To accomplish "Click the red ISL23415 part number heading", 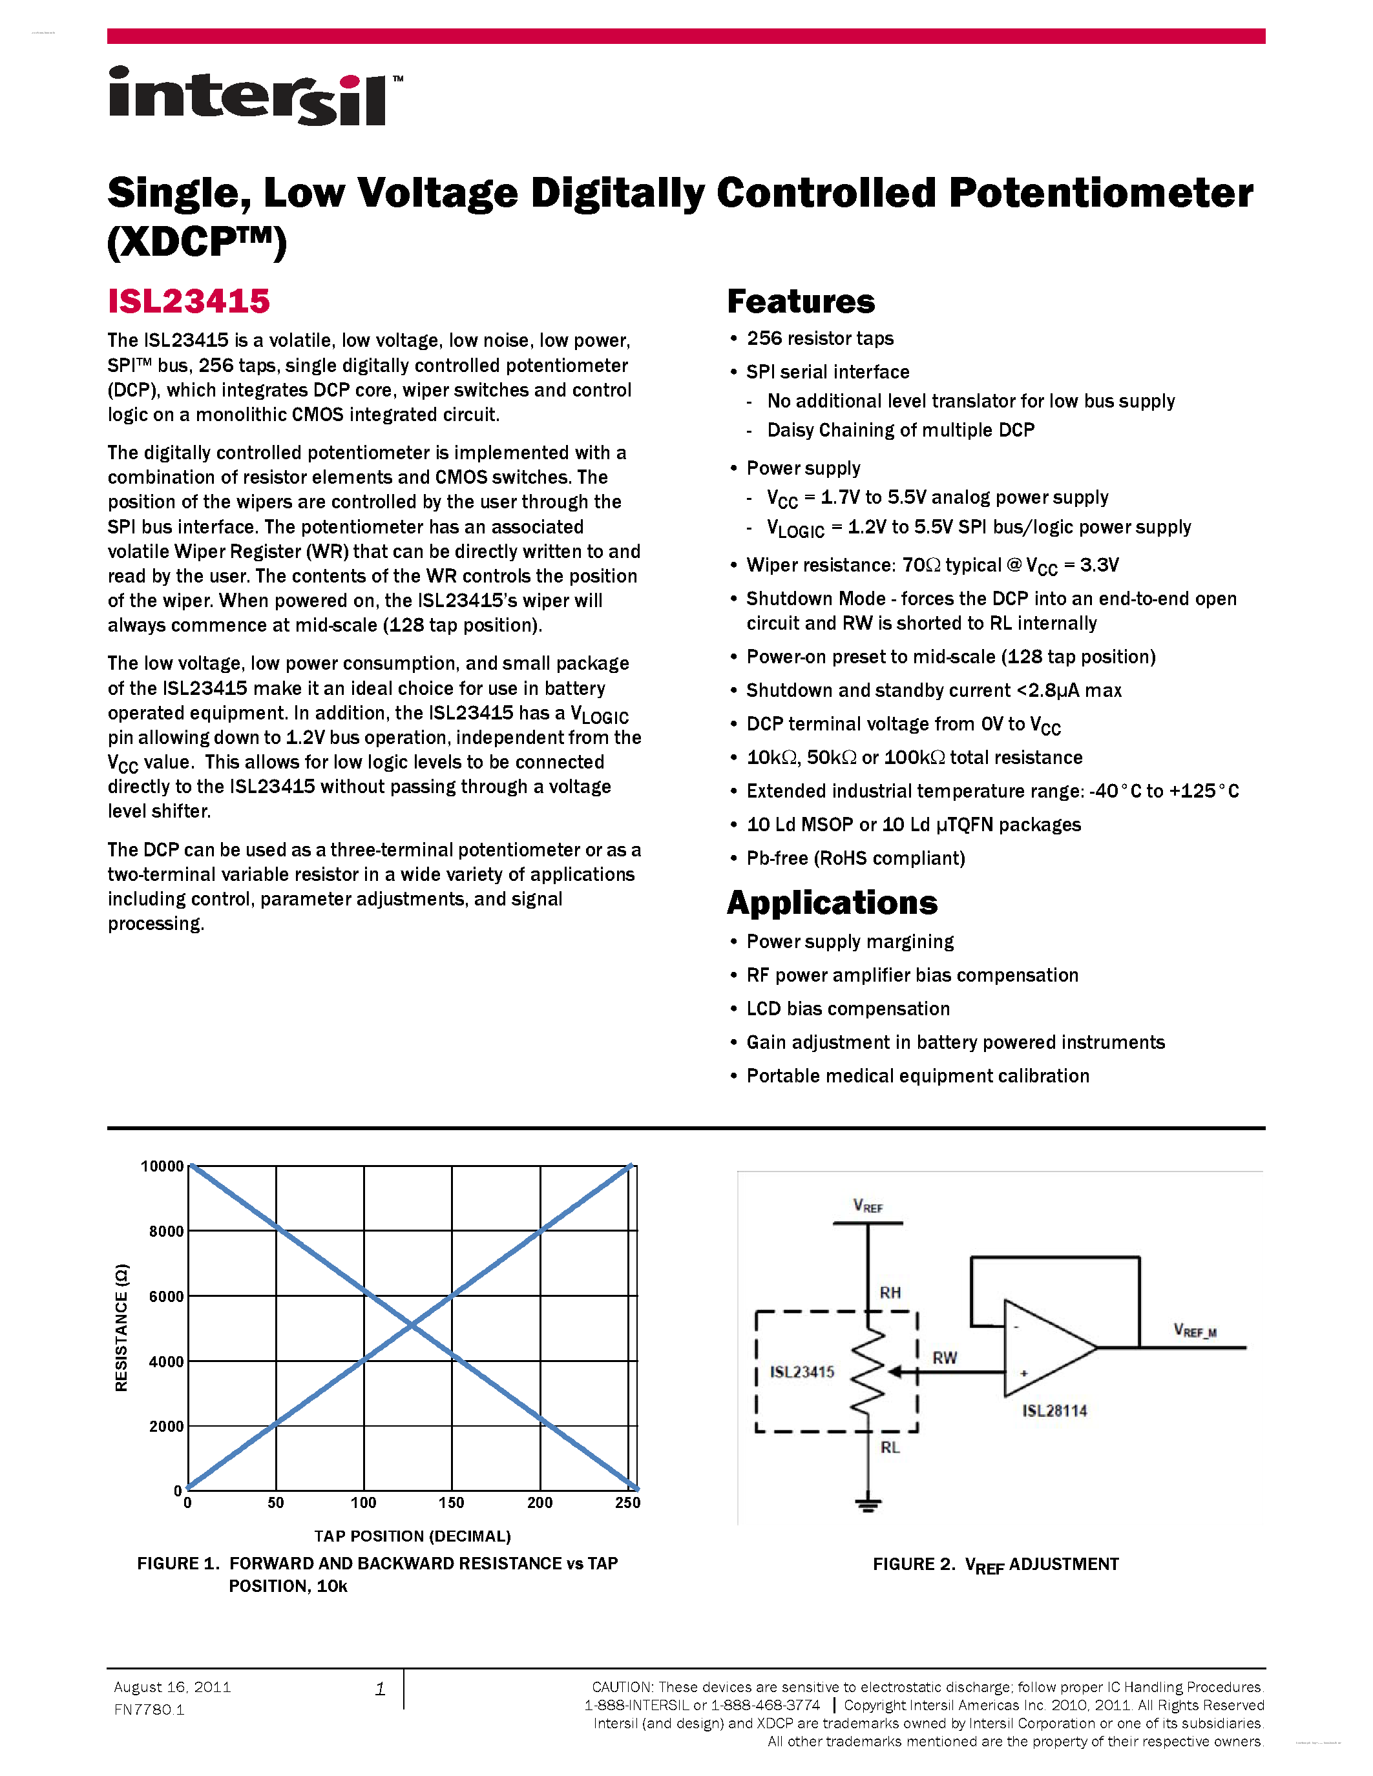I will point(189,302).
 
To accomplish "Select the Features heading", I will point(801,302).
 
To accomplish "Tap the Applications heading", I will point(832,903).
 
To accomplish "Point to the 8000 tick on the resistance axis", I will point(166,1231).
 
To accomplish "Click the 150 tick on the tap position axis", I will point(452,1503).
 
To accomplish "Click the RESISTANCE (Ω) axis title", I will point(122,1327).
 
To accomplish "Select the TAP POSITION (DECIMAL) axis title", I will point(412,1536).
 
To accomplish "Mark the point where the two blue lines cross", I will point(412,1327).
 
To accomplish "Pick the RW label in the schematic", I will point(945,1358).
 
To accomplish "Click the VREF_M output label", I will point(1194,1330).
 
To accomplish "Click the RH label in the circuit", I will point(890,1293).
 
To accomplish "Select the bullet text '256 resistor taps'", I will point(820,338).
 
